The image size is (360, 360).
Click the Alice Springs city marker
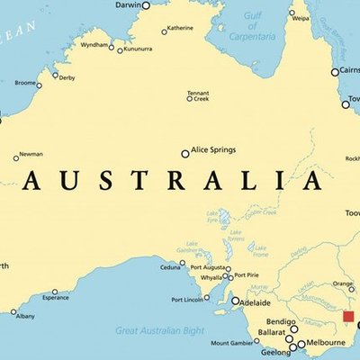tap(185, 153)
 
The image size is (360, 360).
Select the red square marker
tap(349, 318)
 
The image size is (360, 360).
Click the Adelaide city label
tap(258, 301)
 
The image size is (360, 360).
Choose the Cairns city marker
tap(334, 71)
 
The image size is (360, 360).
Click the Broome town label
tap(26, 84)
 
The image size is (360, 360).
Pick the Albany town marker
tap(13, 312)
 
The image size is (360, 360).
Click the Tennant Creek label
tap(198, 95)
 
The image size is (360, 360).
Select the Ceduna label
tap(170, 267)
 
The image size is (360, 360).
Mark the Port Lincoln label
tap(188, 300)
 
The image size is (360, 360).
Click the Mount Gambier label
tap(232, 343)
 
